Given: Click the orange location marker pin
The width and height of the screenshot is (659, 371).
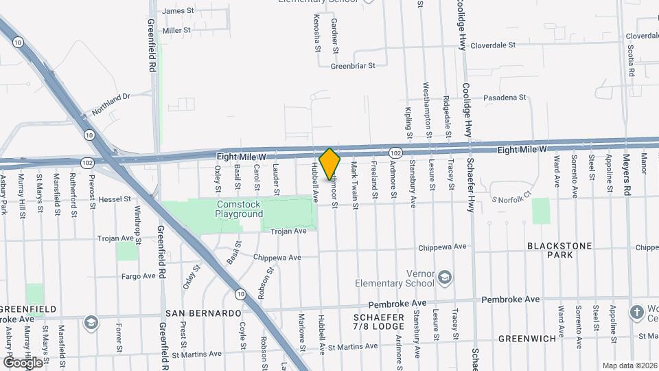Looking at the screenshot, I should click(330, 164).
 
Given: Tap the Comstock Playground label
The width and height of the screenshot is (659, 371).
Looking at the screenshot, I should click(240, 209).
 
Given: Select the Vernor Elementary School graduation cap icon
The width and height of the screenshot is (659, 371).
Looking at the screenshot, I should click(445, 277).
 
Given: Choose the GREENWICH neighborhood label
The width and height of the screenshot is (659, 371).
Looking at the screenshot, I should click(527, 338).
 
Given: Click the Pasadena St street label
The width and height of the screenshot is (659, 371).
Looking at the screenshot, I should click(505, 98).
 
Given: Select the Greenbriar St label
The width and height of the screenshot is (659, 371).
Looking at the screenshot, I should click(354, 67).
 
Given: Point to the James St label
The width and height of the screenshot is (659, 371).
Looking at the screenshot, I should click(178, 11).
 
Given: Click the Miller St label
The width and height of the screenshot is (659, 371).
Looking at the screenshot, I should click(176, 30).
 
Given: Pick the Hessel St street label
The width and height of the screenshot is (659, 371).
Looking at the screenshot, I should click(114, 199).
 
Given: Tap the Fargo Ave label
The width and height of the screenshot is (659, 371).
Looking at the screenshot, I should click(139, 276).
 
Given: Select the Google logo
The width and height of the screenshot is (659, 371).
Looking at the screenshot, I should click(23, 362).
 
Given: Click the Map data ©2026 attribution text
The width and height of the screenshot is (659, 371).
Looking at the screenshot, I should click(629, 366).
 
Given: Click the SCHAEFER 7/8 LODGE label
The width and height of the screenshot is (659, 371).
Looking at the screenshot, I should click(379, 321).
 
